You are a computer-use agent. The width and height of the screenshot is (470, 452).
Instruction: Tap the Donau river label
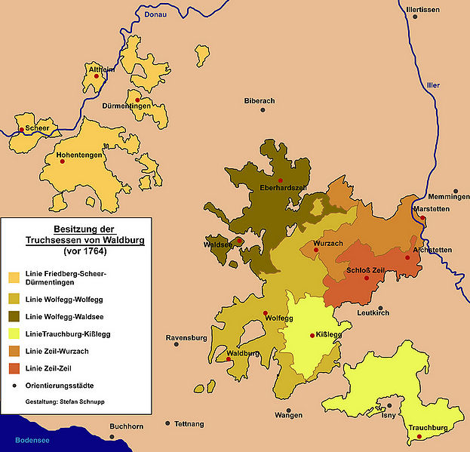(x=155, y=13)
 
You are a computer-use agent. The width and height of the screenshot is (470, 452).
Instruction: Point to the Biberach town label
(x=260, y=100)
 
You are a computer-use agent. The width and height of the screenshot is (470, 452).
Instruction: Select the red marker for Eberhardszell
(x=281, y=180)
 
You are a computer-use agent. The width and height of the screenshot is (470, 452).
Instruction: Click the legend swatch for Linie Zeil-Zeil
(x=14, y=368)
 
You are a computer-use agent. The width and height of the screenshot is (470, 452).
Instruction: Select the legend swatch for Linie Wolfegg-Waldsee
(x=14, y=315)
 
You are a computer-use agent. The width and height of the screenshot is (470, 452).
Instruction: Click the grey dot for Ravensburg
(x=177, y=344)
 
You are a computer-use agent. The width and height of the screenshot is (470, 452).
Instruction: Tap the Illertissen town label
(x=422, y=10)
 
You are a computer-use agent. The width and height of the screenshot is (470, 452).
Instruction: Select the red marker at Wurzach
(x=317, y=250)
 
